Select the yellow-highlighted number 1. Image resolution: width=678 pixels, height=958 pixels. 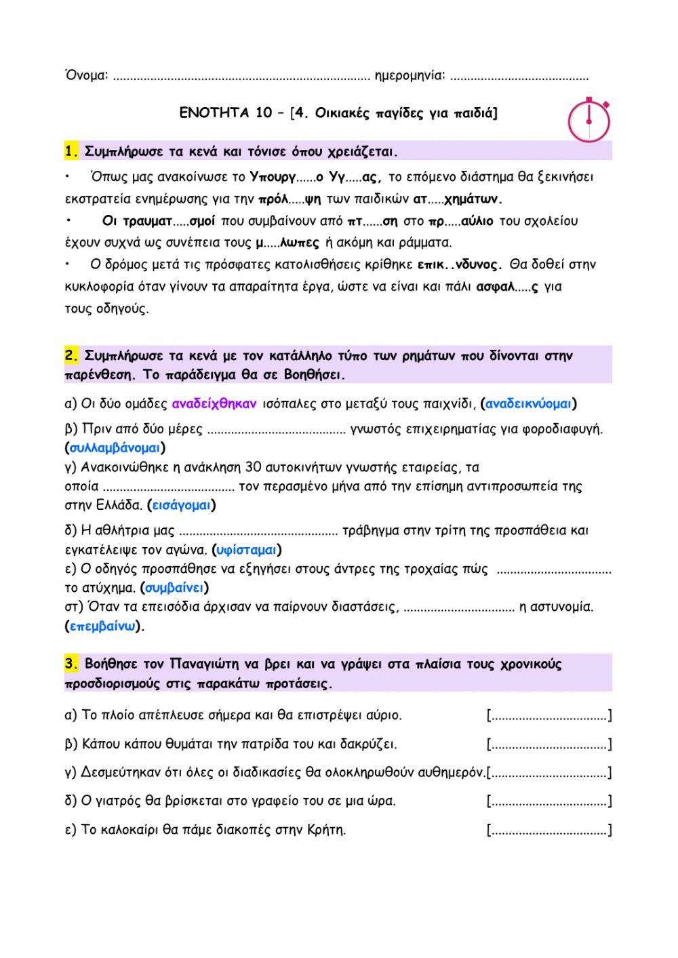point(72,151)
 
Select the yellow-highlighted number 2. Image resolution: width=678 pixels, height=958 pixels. point(72,355)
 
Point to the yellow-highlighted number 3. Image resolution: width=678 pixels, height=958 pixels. point(72,664)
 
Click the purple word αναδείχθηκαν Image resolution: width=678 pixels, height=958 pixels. point(214,404)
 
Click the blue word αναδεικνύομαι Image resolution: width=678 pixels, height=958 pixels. point(529,404)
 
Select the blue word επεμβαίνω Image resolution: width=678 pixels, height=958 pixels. point(104,626)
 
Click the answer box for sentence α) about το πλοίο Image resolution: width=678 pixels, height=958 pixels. point(549,715)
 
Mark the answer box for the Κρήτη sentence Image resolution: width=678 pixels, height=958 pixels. point(549,830)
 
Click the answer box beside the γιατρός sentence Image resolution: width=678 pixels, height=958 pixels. point(549,801)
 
